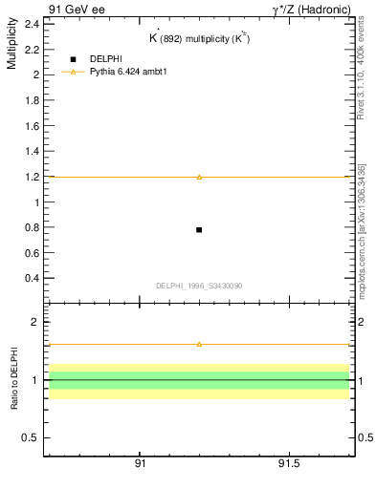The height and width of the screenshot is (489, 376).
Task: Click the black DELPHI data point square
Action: pyautogui.click(x=199, y=229)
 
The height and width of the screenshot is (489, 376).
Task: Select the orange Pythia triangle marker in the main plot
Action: pyautogui.click(x=199, y=177)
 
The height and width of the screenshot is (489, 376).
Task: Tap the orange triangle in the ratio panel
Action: pyautogui.click(x=199, y=344)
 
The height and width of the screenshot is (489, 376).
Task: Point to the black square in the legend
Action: pyautogui.click(x=73, y=59)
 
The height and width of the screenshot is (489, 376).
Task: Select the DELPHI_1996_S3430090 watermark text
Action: pyautogui.click(x=198, y=286)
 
